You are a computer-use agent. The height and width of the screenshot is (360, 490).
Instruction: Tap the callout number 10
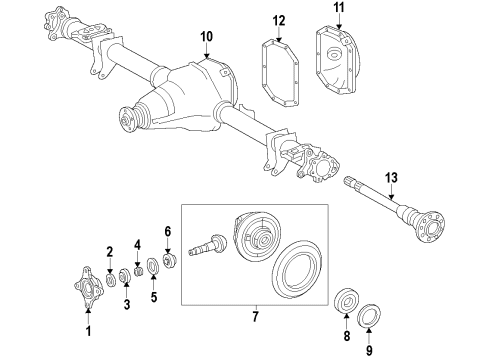click(206, 37)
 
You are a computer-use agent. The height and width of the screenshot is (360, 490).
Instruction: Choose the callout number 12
click(279, 20)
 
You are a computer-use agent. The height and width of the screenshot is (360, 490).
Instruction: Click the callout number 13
click(392, 177)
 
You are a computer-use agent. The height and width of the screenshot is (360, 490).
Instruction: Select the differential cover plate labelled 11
click(340, 62)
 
